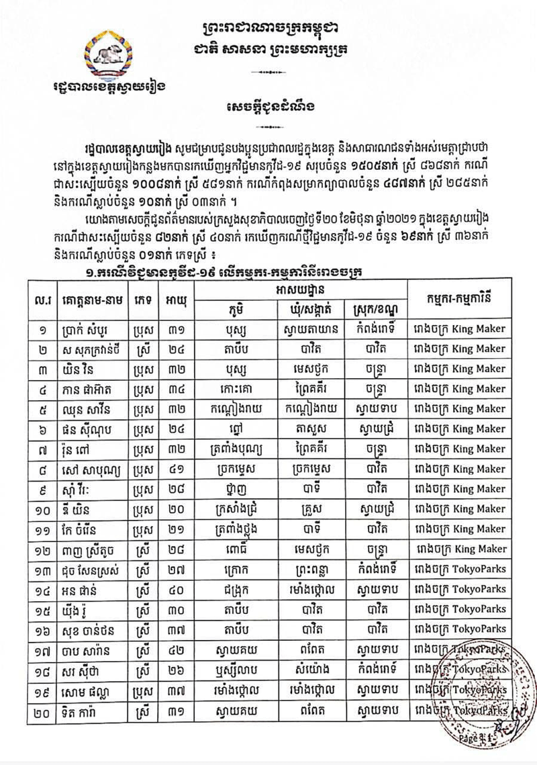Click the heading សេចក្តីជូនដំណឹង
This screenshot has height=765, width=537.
coord(268,107)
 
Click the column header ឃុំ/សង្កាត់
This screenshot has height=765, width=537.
coord(311,309)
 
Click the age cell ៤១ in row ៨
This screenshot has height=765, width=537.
coord(177,469)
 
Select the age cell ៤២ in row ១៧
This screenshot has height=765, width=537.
coord(177,649)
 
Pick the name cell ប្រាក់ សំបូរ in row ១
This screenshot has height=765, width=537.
coord(90,329)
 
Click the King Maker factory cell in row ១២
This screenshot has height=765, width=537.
coord(460,549)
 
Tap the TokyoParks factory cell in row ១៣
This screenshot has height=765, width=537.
coord(460,569)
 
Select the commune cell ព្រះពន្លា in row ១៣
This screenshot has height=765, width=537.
coord(311,570)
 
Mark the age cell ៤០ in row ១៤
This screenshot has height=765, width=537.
coord(177,589)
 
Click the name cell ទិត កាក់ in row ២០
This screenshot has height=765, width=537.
coord(90,710)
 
